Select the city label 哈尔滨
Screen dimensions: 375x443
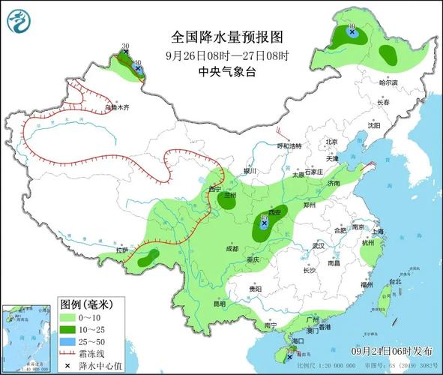coord(388,82)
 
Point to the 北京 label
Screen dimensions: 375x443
coord(331,142)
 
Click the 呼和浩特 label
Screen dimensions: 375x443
coord(287,145)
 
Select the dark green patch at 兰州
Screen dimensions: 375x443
coord(226,199)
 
